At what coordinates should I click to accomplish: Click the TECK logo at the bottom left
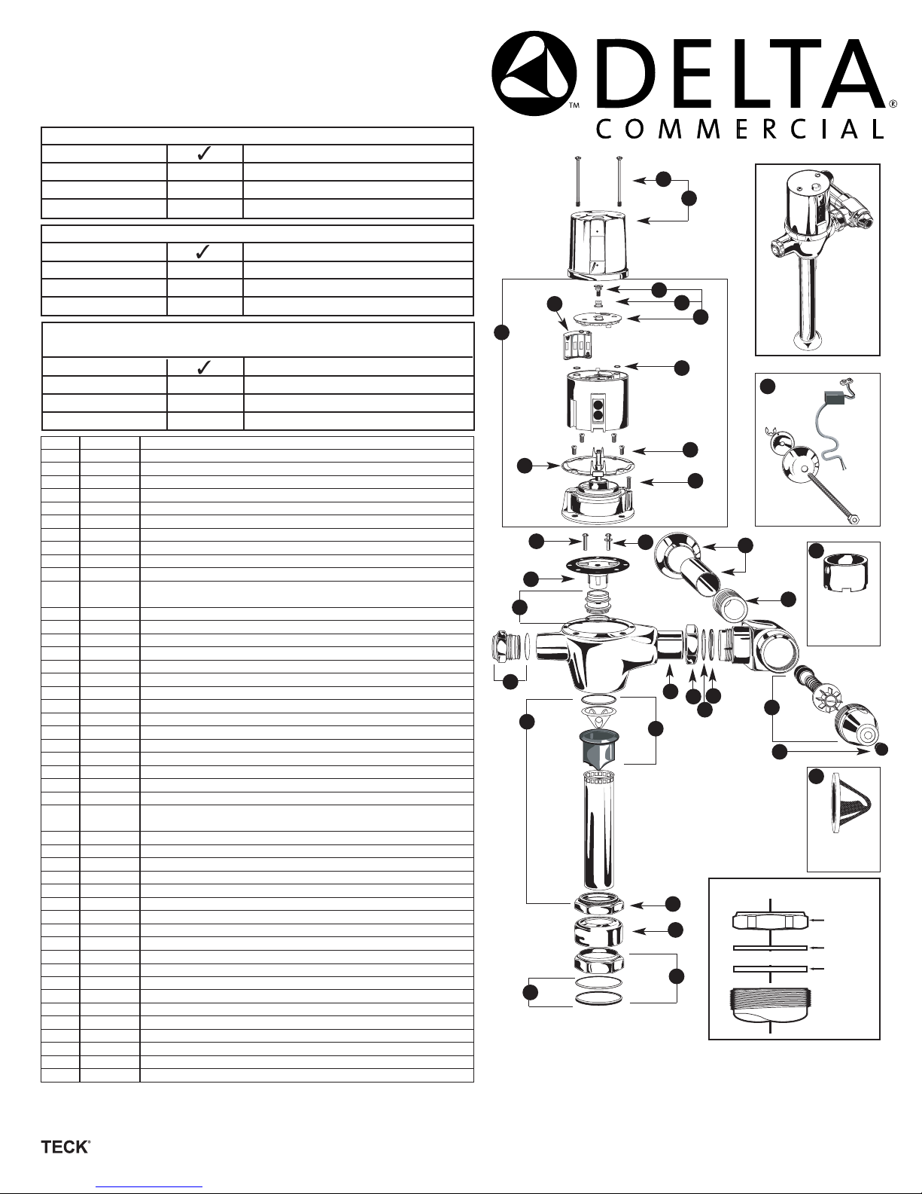click(65, 1147)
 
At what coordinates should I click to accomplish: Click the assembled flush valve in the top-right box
click(817, 256)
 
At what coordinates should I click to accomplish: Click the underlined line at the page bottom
click(150, 1186)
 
